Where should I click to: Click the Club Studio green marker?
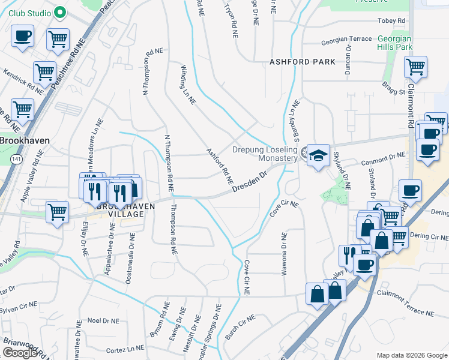coord(60,12)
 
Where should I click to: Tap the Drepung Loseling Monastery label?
coord(265,154)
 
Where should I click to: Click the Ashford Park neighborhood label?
coord(298,62)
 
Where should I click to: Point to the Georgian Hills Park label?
coord(395,43)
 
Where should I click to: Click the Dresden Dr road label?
coord(249,183)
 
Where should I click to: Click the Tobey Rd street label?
coord(391,20)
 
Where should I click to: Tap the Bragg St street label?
coord(394,89)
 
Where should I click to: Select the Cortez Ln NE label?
coord(125,349)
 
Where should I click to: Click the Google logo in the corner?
coord(20,353)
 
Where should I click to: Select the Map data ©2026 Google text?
coord(411,355)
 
